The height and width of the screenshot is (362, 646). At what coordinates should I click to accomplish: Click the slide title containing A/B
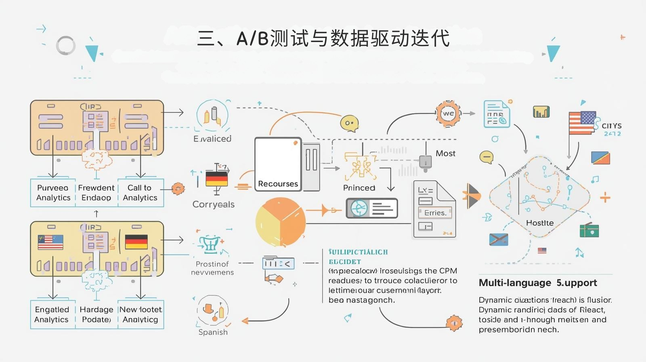click(323, 39)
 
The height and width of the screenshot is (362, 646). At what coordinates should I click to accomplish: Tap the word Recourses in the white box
click(278, 184)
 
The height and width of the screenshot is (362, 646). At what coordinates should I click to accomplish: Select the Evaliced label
click(212, 139)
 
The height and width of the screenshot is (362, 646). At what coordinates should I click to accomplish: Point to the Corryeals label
click(213, 204)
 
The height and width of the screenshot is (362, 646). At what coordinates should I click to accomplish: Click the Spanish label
click(213, 332)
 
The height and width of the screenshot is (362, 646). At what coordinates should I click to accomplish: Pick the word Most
click(445, 154)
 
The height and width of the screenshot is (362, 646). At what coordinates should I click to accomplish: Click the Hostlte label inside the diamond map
click(539, 223)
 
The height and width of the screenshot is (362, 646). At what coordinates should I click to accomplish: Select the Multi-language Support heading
click(538, 283)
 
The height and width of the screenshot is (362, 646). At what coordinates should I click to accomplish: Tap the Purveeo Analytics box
click(53, 193)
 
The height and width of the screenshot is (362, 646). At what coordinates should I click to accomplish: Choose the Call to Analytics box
click(140, 193)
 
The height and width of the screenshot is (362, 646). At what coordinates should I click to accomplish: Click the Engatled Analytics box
click(52, 314)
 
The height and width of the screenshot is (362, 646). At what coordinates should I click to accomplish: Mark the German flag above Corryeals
click(216, 179)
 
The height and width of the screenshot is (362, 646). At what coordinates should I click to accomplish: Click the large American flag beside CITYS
click(582, 123)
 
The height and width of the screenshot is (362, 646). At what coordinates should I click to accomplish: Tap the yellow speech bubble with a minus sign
click(487, 157)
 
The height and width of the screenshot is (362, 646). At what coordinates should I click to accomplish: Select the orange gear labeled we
click(448, 114)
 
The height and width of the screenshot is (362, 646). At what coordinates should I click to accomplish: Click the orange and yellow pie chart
click(280, 222)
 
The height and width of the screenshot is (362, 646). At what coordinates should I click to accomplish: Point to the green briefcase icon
click(589, 230)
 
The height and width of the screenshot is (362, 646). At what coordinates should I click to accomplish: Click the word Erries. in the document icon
click(434, 213)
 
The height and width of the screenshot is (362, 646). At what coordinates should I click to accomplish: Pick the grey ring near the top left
click(65, 45)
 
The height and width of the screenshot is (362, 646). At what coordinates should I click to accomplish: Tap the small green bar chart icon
click(541, 112)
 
